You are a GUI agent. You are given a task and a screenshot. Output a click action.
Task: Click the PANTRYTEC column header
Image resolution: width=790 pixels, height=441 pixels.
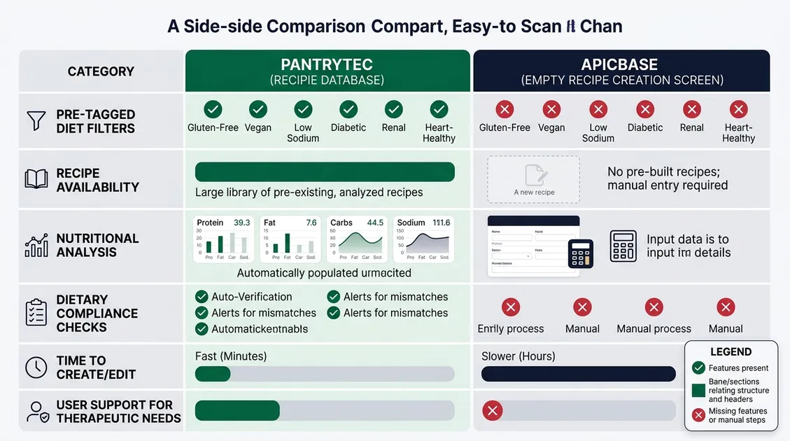(x=327, y=71)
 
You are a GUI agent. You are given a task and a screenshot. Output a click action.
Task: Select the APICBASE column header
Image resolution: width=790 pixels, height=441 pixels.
(x=621, y=71)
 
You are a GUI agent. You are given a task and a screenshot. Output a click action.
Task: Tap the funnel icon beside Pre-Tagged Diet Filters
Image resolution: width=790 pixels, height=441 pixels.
(x=36, y=121)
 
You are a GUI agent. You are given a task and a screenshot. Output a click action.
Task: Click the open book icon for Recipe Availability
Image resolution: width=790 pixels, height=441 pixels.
(x=36, y=180)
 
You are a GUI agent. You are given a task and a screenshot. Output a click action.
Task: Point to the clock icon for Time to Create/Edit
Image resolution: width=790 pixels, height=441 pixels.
(x=36, y=367)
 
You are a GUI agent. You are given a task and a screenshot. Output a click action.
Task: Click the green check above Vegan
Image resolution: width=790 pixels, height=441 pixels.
(x=258, y=109)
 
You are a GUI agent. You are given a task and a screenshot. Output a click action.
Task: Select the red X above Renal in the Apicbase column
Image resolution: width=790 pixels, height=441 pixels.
(x=691, y=109)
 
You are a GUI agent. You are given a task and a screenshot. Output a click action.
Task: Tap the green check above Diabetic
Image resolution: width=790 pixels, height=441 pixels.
(x=348, y=109)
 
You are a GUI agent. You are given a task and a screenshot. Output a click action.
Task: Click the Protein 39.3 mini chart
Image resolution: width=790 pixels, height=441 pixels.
(x=223, y=239)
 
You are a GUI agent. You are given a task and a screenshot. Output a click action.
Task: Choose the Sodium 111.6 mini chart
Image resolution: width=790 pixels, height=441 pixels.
(x=423, y=239)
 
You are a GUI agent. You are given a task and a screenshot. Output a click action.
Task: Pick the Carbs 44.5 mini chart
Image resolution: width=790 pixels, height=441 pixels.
(x=357, y=239)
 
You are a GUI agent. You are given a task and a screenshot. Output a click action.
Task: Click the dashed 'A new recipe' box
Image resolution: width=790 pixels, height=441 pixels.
(x=533, y=179)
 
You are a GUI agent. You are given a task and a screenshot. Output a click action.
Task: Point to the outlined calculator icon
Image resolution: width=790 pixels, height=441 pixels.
(x=623, y=246)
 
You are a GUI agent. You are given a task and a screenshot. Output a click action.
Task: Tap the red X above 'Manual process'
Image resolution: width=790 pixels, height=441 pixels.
(x=654, y=307)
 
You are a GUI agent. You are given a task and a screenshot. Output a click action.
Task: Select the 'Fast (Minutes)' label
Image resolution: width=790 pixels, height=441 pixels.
(x=231, y=356)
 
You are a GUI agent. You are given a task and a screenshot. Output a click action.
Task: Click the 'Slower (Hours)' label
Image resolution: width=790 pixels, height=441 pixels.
(x=519, y=356)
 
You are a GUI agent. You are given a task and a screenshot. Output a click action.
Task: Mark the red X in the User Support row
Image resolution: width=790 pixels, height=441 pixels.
(x=493, y=411)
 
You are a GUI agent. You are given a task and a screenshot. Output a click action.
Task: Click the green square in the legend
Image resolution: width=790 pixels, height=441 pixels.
(x=698, y=390)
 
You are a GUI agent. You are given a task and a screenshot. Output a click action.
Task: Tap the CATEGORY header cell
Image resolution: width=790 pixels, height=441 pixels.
(x=101, y=71)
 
